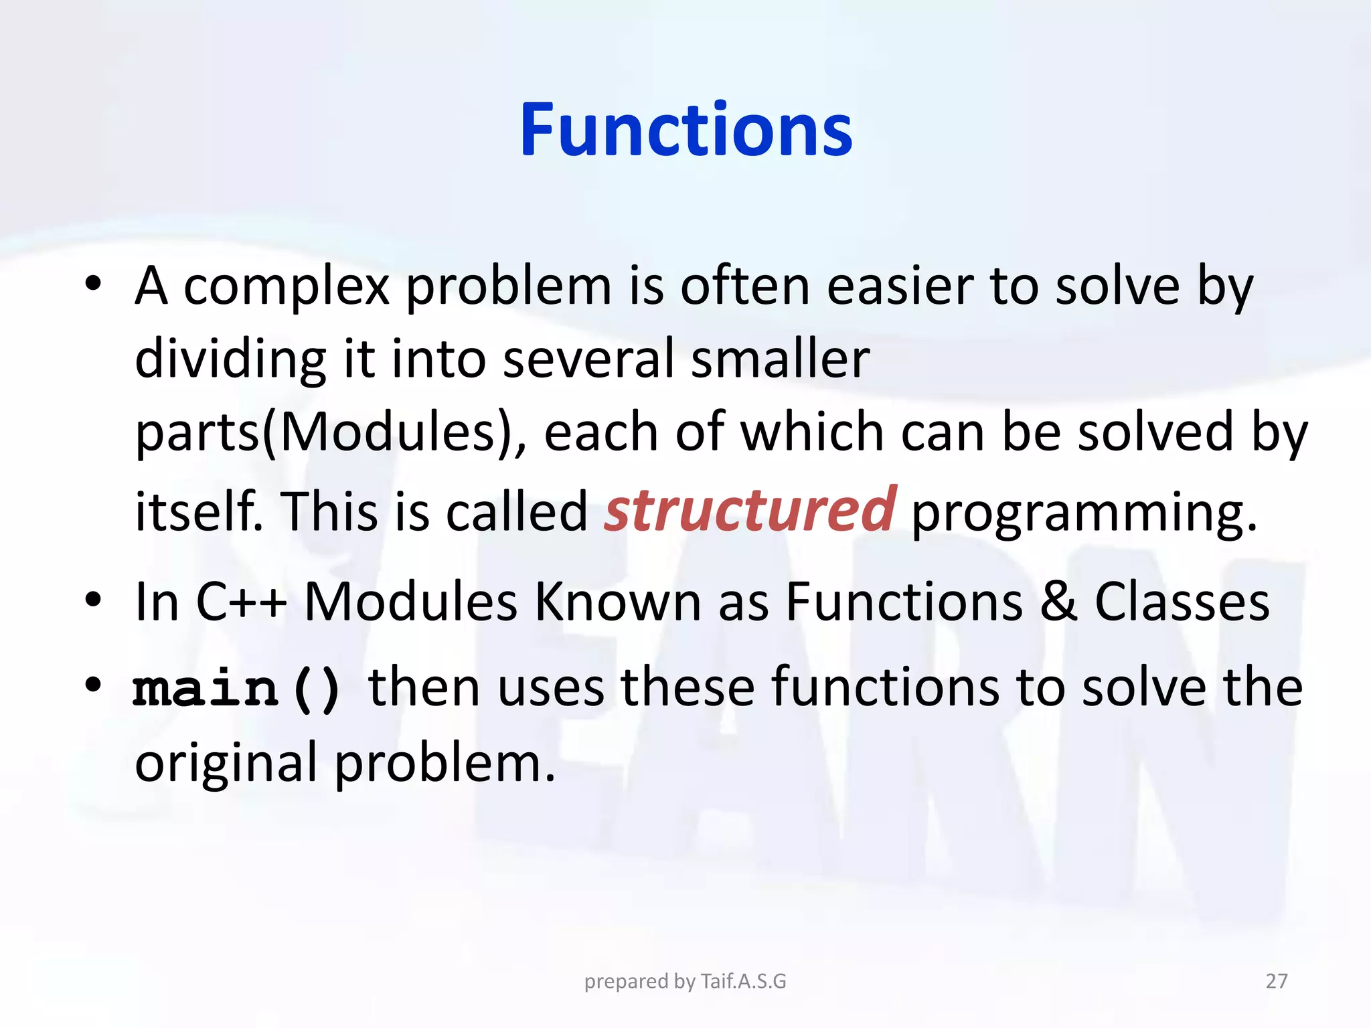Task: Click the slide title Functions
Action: (x=685, y=130)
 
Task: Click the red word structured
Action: (x=749, y=510)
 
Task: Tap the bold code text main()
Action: (x=237, y=689)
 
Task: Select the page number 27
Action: (x=1277, y=981)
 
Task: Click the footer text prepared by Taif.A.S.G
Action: (x=685, y=981)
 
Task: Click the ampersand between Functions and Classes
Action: (x=1058, y=601)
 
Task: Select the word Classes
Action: (x=1182, y=601)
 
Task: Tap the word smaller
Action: (x=780, y=359)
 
